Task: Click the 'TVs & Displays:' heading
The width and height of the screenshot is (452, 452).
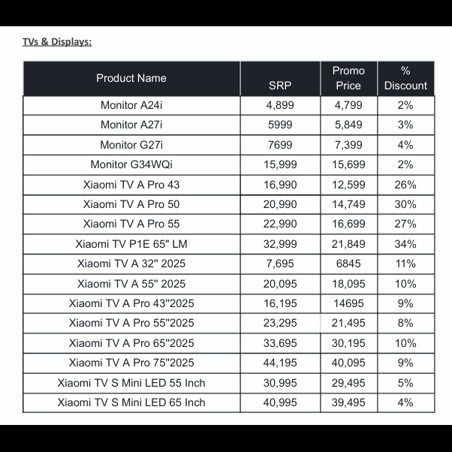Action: pos(57,41)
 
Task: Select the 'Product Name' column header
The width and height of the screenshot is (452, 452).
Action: pos(131,78)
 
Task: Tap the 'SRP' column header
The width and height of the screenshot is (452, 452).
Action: pos(280,86)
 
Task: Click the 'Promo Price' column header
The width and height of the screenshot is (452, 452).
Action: pos(348,78)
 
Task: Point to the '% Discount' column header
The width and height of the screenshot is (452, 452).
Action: pos(405,78)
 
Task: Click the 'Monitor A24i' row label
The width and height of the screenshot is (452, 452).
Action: pos(131,105)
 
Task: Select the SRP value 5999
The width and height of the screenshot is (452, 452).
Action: pos(280,125)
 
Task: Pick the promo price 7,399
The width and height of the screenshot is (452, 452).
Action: pos(348,145)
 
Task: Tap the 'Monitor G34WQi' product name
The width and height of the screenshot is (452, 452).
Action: pos(131,164)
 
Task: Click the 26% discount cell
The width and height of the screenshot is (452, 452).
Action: pos(405,184)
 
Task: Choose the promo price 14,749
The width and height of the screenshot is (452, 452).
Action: pos(348,204)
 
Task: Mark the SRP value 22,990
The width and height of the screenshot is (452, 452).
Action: pos(280,224)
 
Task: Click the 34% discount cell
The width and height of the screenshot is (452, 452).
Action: pos(405,244)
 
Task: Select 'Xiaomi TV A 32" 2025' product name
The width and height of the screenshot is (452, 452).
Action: pos(131,264)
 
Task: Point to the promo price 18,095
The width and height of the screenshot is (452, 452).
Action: pos(348,284)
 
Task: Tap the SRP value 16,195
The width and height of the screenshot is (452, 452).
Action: pos(280,303)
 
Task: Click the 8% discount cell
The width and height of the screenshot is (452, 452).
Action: pos(405,323)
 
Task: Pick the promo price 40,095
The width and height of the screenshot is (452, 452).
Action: pos(348,363)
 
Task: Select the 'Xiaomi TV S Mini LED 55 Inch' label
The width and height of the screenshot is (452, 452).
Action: pos(131,383)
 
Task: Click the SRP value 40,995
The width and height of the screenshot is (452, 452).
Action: pos(280,402)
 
